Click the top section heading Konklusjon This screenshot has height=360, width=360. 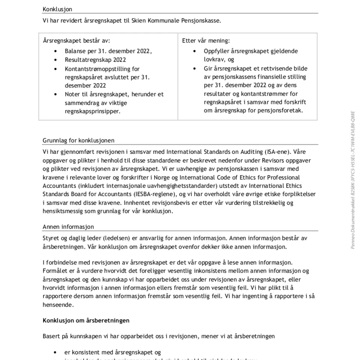(57, 9)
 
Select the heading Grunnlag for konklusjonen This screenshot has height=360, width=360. (78, 141)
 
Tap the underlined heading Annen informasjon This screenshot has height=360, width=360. (68, 227)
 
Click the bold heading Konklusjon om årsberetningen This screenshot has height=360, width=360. (86, 321)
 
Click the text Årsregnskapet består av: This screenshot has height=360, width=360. (77, 41)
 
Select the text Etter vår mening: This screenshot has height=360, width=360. (206, 41)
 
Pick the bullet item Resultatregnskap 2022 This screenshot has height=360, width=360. (95, 60)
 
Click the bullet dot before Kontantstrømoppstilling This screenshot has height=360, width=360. (56, 69)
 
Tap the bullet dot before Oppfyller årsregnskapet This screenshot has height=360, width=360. (195, 51)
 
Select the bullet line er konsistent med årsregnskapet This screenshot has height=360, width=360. (112, 352)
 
